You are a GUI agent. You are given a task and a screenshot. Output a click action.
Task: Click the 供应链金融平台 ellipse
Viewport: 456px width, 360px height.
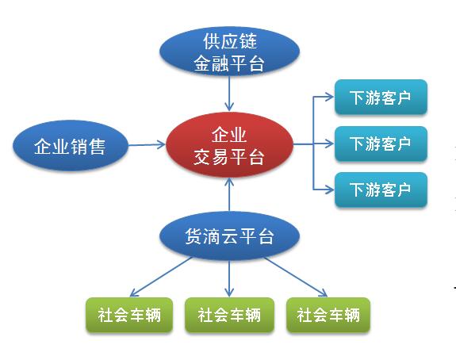[x=229, y=52]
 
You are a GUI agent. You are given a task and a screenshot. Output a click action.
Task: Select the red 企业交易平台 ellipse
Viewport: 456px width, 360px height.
[x=229, y=144]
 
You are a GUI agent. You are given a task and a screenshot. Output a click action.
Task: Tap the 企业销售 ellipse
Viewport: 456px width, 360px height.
[x=71, y=145]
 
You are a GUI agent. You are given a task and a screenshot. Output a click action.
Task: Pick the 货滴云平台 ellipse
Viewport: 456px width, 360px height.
[x=229, y=236]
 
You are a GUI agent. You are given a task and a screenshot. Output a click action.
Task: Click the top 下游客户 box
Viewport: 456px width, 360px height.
[x=381, y=97]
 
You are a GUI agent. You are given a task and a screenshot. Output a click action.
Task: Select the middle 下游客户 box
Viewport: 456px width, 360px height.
[x=381, y=144]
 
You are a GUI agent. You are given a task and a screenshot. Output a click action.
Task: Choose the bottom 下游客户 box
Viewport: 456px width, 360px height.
[x=381, y=190]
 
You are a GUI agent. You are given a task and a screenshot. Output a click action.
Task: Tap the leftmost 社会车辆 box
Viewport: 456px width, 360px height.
[x=129, y=315]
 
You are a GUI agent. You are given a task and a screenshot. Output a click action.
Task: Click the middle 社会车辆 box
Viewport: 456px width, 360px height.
[x=229, y=315]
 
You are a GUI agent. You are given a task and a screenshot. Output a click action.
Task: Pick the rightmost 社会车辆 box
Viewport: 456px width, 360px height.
[x=328, y=315]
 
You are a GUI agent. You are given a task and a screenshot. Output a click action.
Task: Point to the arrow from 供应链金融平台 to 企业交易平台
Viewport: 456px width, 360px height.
[x=229, y=94]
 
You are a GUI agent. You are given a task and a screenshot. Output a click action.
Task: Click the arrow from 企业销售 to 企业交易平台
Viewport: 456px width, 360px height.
[x=147, y=144]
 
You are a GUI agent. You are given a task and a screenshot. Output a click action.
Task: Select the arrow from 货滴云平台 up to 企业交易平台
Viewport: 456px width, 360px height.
[x=229, y=194]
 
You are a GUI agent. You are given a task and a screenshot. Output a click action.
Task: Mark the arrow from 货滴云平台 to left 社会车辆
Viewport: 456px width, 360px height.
[x=161, y=277]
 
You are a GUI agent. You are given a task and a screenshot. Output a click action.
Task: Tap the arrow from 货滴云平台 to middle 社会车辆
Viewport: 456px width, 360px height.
[x=229, y=278]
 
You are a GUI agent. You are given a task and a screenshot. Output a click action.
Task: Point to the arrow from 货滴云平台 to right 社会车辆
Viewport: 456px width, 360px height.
[x=296, y=277]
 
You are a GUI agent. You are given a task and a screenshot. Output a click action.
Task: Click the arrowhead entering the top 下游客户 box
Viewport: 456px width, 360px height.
[x=330, y=97]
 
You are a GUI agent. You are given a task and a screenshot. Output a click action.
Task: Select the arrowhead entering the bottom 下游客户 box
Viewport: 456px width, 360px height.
[x=330, y=190]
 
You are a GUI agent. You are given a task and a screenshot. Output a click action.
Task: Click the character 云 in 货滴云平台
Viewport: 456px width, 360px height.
[x=229, y=236]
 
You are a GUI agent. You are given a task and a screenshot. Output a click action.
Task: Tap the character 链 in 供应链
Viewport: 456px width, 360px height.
[x=247, y=41]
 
